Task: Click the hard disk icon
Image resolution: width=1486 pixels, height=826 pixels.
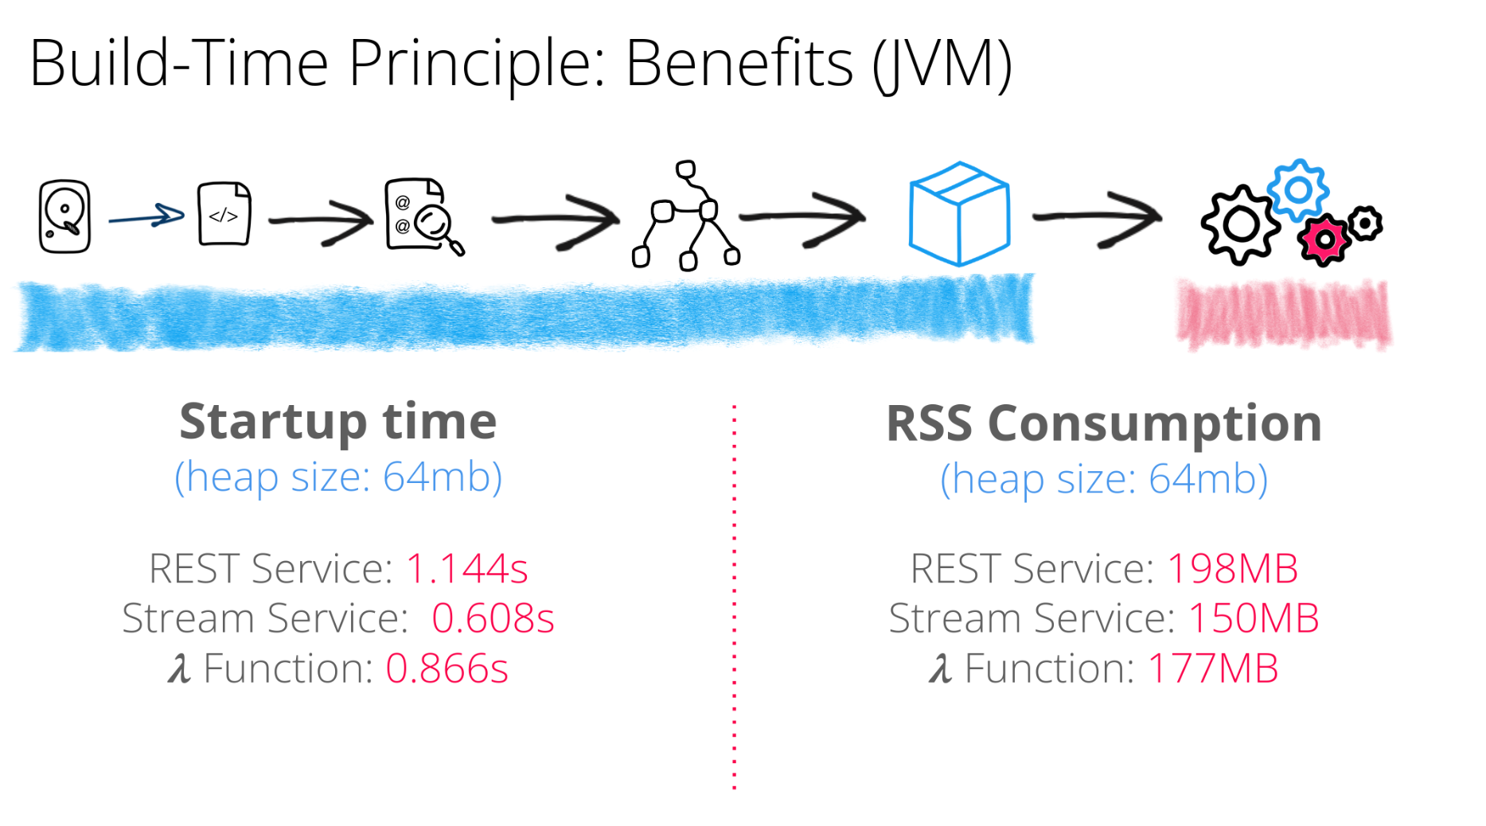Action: [x=64, y=216]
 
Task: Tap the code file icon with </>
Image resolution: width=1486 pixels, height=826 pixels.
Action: [x=224, y=214]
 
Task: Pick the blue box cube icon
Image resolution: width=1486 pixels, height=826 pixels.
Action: [x=959, y=213]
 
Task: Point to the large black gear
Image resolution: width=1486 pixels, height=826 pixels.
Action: [x=1239, y=225]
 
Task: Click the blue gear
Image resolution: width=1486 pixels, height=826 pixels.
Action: [x=1298, y=189]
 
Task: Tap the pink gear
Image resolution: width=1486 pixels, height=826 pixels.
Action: [x=1324, y=240]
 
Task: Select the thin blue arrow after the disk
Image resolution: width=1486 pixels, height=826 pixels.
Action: [x=146, y=216]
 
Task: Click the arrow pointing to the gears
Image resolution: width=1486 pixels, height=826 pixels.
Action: [x=1098, y=217]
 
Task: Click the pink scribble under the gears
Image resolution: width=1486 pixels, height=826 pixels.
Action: [x=1284, y=315]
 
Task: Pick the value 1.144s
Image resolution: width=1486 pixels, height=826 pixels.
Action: [x=467, y=569]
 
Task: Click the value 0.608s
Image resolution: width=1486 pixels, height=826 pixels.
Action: [x=493, y=618]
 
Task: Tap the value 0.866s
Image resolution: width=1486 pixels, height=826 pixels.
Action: [x=447, y=668]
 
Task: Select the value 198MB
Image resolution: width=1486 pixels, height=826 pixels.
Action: [x=1232, y=569]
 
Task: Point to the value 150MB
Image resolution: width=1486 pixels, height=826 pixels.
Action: [x=1254, y=618]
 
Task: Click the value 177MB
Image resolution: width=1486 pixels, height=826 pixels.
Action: [x=1213, y=668]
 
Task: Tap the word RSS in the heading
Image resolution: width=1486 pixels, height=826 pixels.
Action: [x=929, y=423]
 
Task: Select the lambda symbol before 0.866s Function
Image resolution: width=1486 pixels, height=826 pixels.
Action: [x=179, y=668]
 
